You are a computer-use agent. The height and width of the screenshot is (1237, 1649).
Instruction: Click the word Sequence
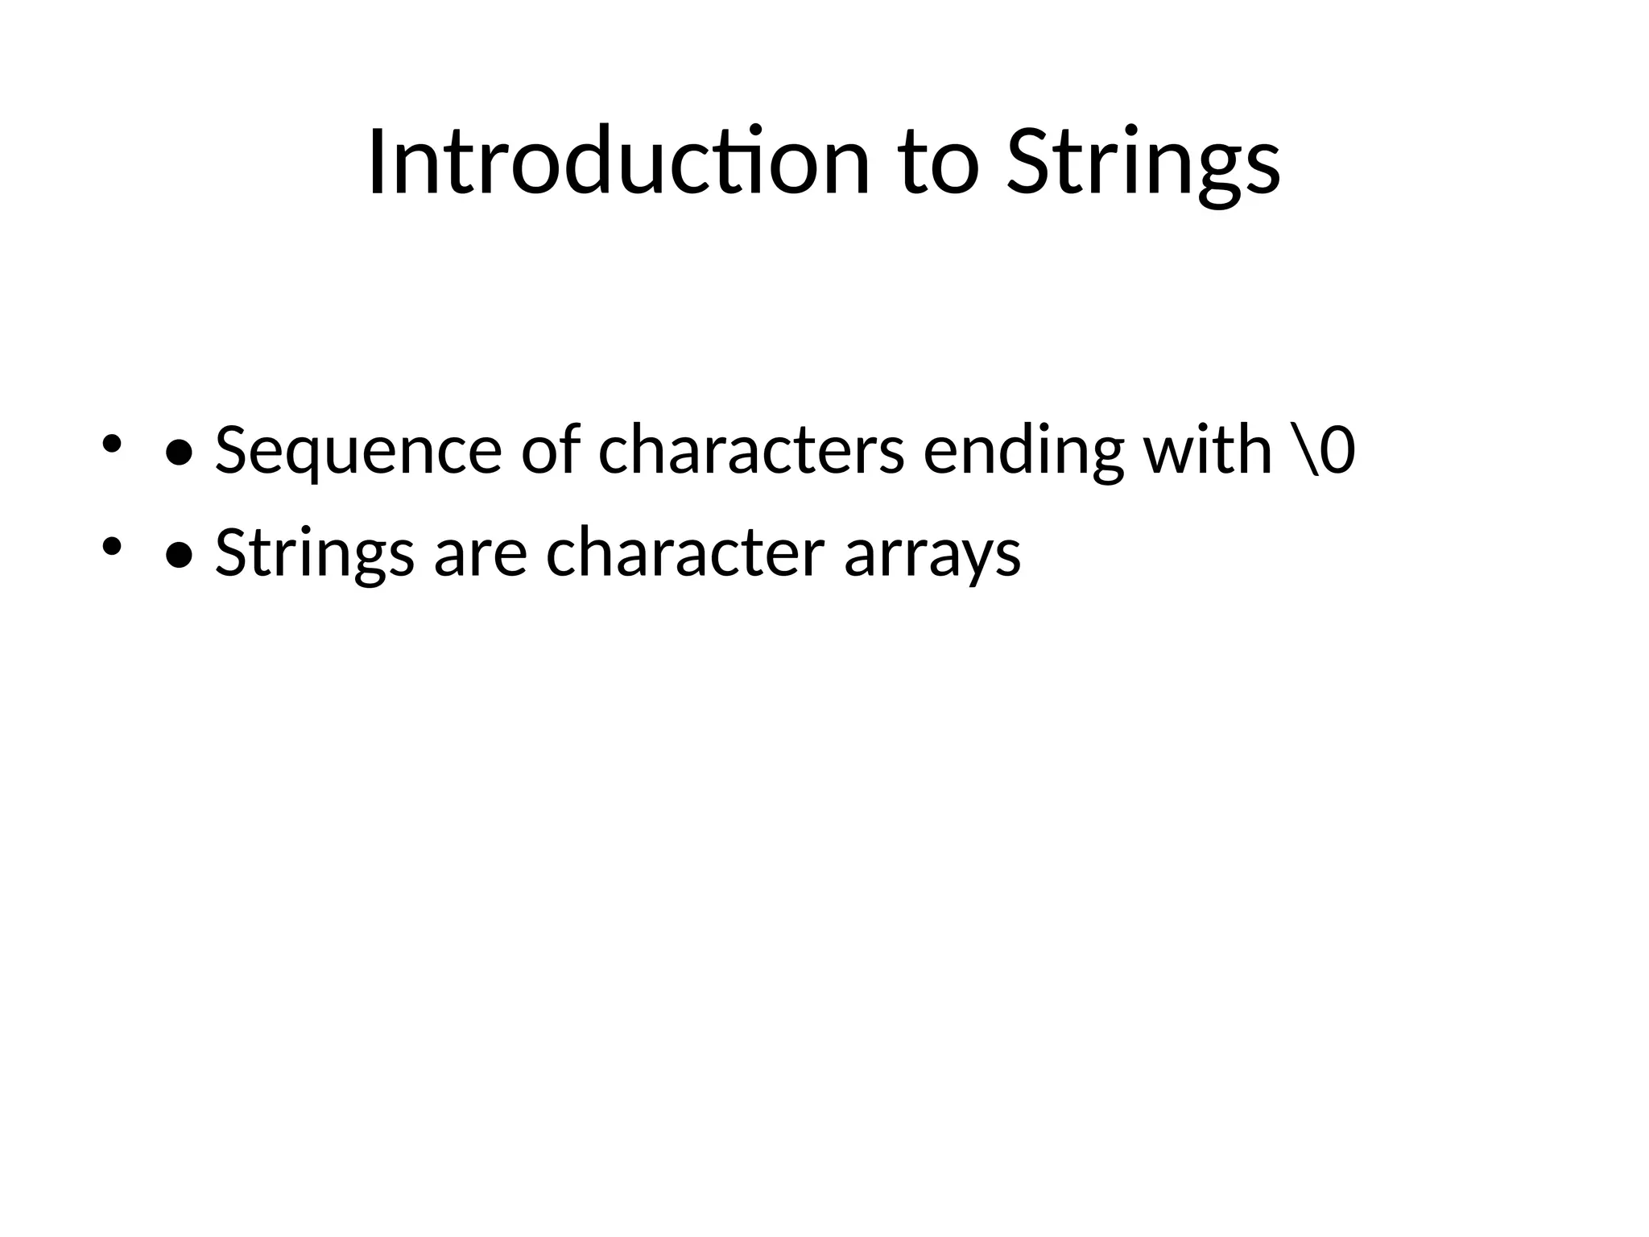tap(358, 451)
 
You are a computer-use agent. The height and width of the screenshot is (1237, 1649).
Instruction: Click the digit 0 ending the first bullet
tap(1337, 449)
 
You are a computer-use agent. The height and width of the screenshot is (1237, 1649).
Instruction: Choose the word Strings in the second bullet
tap(315, 554)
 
